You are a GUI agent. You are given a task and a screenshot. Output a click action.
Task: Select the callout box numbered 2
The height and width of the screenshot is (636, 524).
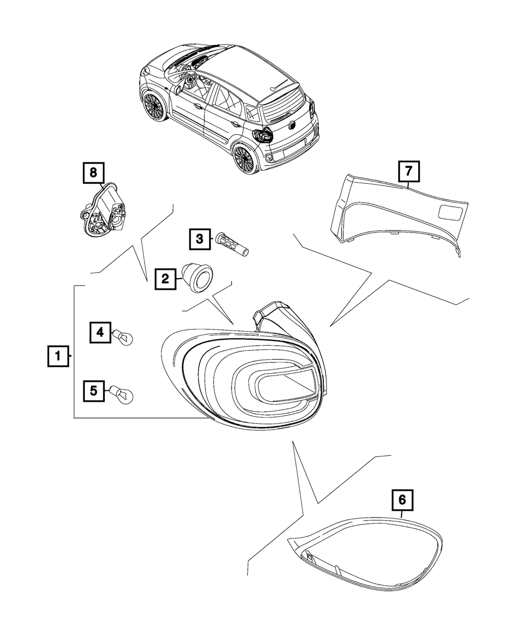pyautogui.click(x=165, y=278)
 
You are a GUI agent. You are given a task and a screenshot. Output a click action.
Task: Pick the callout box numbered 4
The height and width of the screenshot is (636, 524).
pyautogui.click(x=100, y=332)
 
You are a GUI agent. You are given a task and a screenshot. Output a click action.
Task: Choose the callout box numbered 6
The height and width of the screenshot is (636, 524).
pyautogui.click(x=402, y=500)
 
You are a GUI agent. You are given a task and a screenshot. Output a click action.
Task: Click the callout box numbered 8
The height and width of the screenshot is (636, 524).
pyautogui.click(x=94, y=172)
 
